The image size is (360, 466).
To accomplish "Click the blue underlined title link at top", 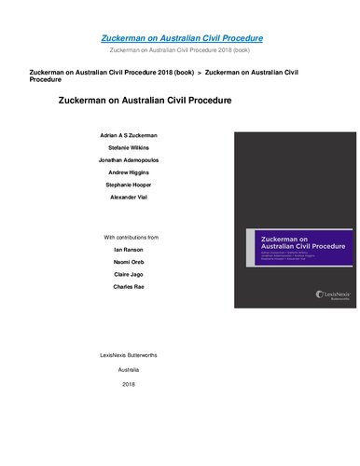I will click(181, 37).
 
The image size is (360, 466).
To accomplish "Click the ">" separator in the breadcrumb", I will click(199, 71).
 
